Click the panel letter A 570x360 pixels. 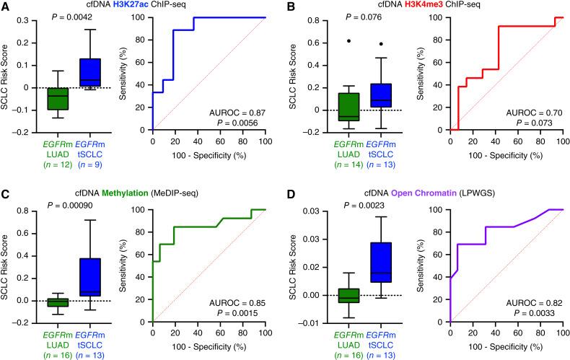click(x=6, y=6)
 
